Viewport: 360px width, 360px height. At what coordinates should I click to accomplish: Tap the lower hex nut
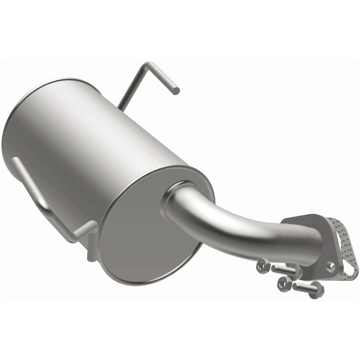click(x=284, y=283)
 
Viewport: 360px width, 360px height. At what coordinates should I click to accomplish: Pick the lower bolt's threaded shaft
click(x=304, y=287)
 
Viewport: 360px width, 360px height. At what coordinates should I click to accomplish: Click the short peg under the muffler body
click(x=90, y=255)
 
